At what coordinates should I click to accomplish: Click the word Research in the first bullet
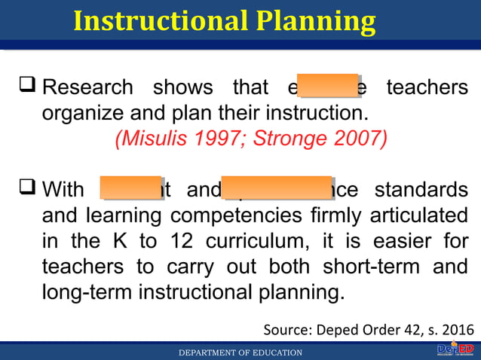(87, 88)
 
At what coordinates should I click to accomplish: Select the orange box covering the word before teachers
(328, 87)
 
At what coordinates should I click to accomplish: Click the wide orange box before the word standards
(277, 188)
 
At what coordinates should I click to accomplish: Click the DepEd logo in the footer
(454, 349)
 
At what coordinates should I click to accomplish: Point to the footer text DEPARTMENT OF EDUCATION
(240, 352)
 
